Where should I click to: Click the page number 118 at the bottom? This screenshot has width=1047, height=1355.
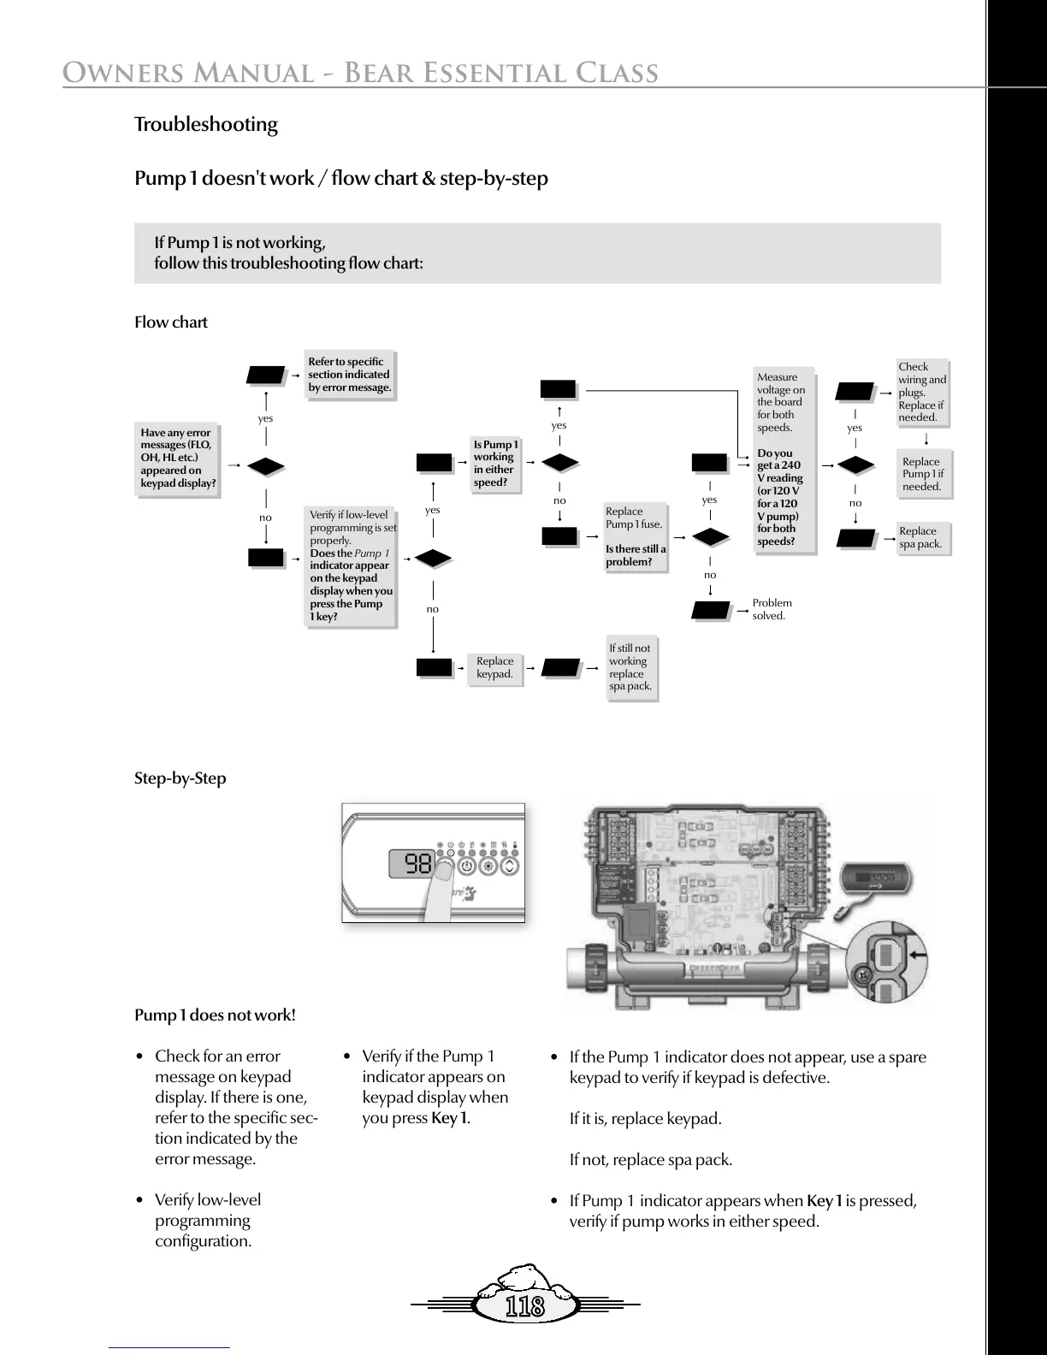[524, 1306]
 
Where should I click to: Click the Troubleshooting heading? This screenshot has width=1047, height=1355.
[206, 125]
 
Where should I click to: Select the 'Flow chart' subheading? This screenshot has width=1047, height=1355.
[171, 322]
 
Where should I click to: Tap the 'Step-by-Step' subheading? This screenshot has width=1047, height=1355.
[180, 778]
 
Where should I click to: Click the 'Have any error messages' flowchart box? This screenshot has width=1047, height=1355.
[178, 458]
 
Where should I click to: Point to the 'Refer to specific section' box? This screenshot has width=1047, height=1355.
[349, 375]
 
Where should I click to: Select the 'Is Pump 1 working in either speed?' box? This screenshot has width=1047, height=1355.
[495, 463]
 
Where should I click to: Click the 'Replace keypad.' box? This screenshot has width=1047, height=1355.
[494, 667]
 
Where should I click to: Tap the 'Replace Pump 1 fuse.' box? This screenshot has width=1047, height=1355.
[635, 536]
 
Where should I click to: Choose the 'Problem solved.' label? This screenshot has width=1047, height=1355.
[772, 609]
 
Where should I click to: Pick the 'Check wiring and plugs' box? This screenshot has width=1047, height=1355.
[921, 392]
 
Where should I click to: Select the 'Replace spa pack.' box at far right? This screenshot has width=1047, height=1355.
[920, 537]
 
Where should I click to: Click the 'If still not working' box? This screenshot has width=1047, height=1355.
[630, 667]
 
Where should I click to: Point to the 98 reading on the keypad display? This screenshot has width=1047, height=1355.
[417, 864]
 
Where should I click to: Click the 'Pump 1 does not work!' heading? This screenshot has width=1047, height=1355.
[215, 1015]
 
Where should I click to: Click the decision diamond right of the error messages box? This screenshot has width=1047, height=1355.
[265, 466]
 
